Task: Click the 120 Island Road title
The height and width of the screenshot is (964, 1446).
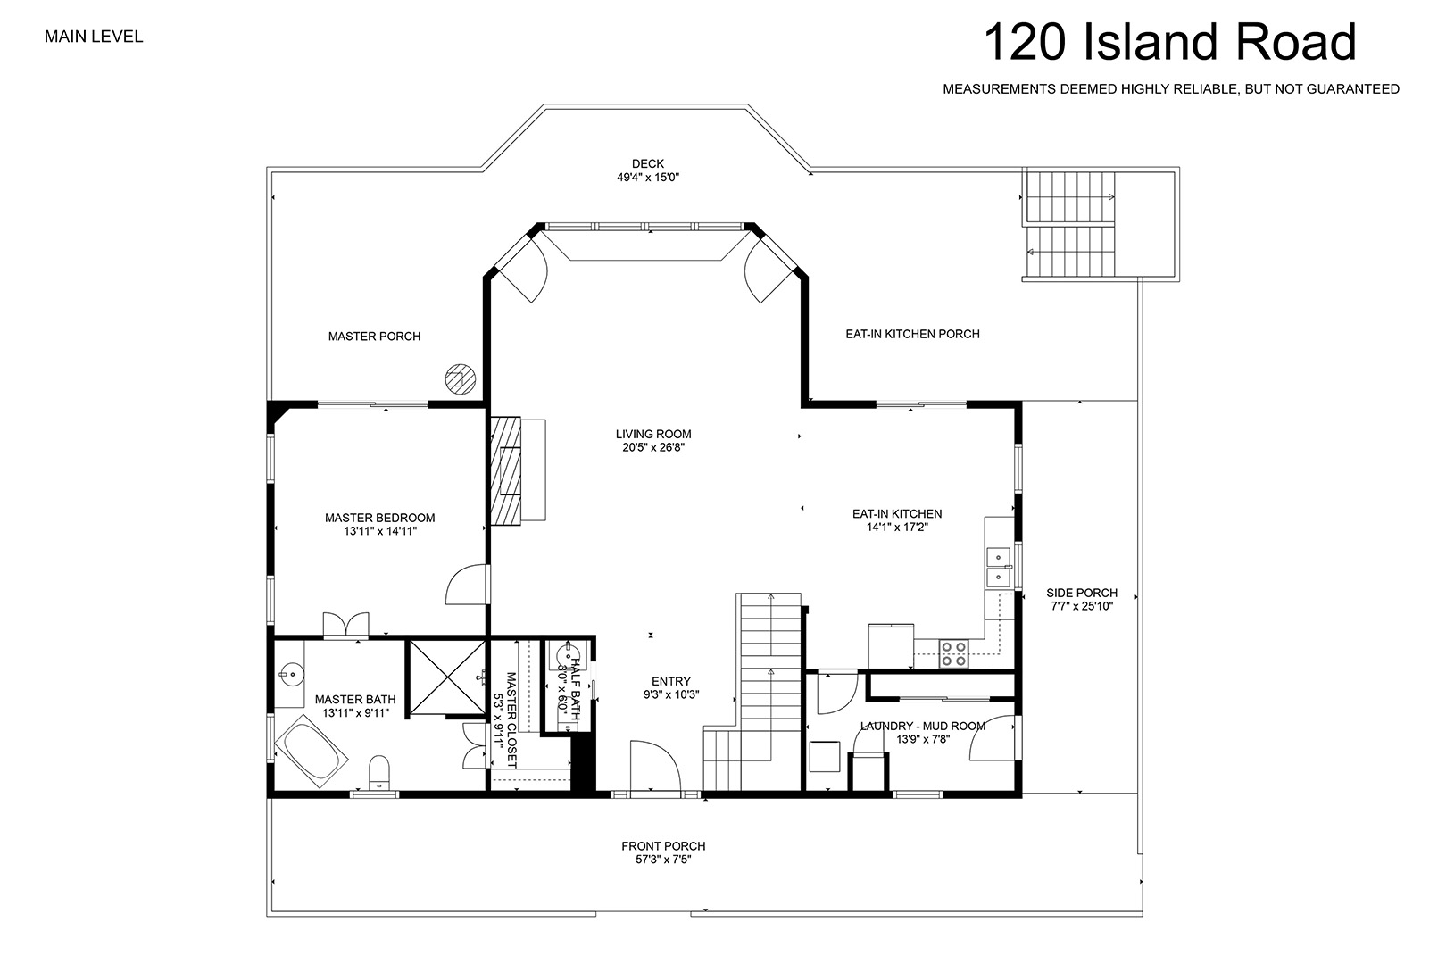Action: (1169, 42)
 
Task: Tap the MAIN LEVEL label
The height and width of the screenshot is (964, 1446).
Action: (94, 37)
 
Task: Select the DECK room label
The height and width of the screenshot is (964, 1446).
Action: (648, 164)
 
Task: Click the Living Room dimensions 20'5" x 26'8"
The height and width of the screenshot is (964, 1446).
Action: (653, 447)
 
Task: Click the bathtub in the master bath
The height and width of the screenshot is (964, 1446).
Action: (312, 751)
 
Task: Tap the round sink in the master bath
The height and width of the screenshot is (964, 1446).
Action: (292, 675)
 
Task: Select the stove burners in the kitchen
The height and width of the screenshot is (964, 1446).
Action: (952, 653)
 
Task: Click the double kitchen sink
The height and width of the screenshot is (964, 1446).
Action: (999, 566)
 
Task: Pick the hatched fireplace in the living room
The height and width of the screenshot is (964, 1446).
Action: (505, 470)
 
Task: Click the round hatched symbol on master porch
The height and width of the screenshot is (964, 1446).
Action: (461, 379)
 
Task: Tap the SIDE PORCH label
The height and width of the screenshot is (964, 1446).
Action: (1082, 593)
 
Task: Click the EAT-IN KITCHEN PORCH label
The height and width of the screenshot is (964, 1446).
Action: (913, 334)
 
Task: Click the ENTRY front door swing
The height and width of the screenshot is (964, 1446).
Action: (655, 767)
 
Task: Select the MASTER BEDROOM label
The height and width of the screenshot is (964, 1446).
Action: (379, 518)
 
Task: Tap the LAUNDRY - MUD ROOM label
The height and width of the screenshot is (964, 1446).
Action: (923, 727)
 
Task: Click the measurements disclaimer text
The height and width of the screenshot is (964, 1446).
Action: (1171, 89)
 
